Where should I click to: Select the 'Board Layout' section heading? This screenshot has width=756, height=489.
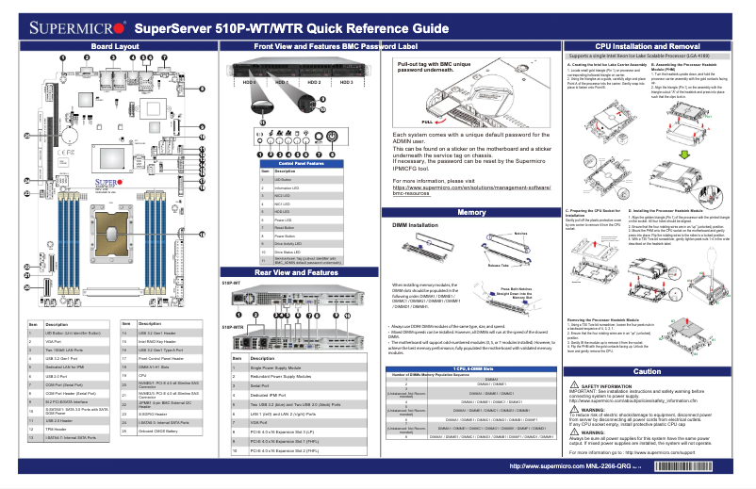115,45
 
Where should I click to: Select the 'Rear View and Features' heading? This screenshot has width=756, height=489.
296,271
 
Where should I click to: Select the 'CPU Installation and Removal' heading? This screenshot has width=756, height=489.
647,45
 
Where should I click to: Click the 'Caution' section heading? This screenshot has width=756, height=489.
647,372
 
